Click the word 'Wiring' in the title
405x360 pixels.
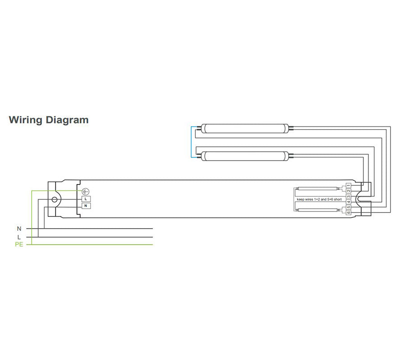click(x=25, y=120)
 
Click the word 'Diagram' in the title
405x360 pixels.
click(x=67, y=120)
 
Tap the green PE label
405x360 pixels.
click(x=19, y=244)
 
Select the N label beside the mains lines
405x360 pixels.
click(x=19, y=229)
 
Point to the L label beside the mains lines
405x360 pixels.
click(x=19, y=237)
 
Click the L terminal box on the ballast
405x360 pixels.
click(x=86, y=199)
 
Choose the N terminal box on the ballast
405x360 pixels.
click(x=86, y=206)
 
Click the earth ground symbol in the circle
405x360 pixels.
click(x=85, y=192)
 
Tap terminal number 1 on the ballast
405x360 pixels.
click(x=348, y=185)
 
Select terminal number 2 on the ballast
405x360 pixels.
click(x=348, y=191)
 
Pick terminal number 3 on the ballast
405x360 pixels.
click(x=348, y=197)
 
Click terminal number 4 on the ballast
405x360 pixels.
click(x=348, y=202)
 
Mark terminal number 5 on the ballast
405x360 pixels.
click(x=348, y=207)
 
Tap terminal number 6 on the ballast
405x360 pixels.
click(x=348, y=212)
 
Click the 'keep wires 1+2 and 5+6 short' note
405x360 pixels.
click(x=319, y=199)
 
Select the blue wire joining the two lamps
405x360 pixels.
click(x=191, y=142)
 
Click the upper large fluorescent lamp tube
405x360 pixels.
click(x=245, y=128)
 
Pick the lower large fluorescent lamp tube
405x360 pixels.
click(x=245, y=156)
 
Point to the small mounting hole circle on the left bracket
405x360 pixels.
click(x=54, y=200)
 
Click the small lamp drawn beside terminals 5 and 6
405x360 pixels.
click(x=317, y=210)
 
